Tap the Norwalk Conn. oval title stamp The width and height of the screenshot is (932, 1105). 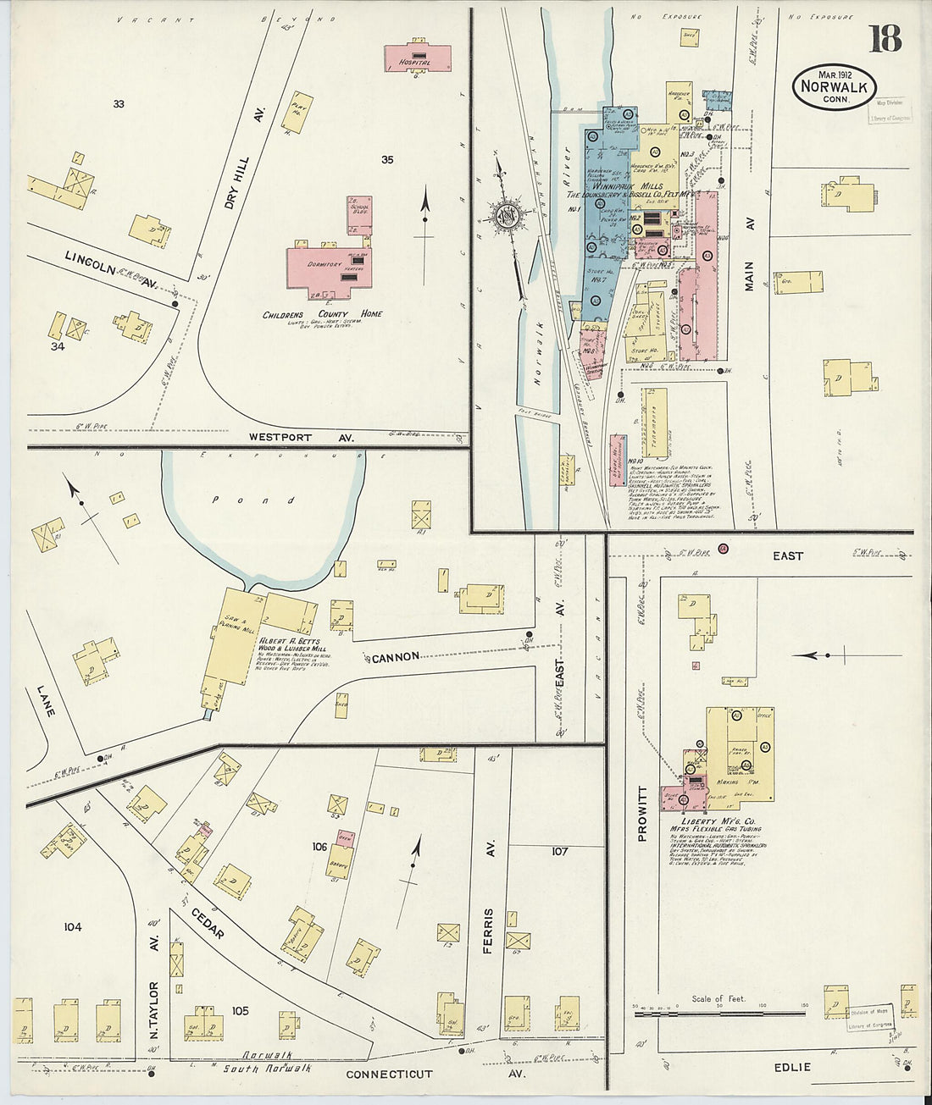834,86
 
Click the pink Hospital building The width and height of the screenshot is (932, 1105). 417,57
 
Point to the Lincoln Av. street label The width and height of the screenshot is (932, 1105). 108,267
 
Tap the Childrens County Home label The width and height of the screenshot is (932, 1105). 322,314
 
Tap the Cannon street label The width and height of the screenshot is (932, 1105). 395,657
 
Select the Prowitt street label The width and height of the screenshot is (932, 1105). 641,814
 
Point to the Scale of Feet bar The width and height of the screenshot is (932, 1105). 719,1013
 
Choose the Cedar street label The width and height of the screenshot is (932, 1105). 207,919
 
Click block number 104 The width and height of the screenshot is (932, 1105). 72,927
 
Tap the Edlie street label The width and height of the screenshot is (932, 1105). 792,1067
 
